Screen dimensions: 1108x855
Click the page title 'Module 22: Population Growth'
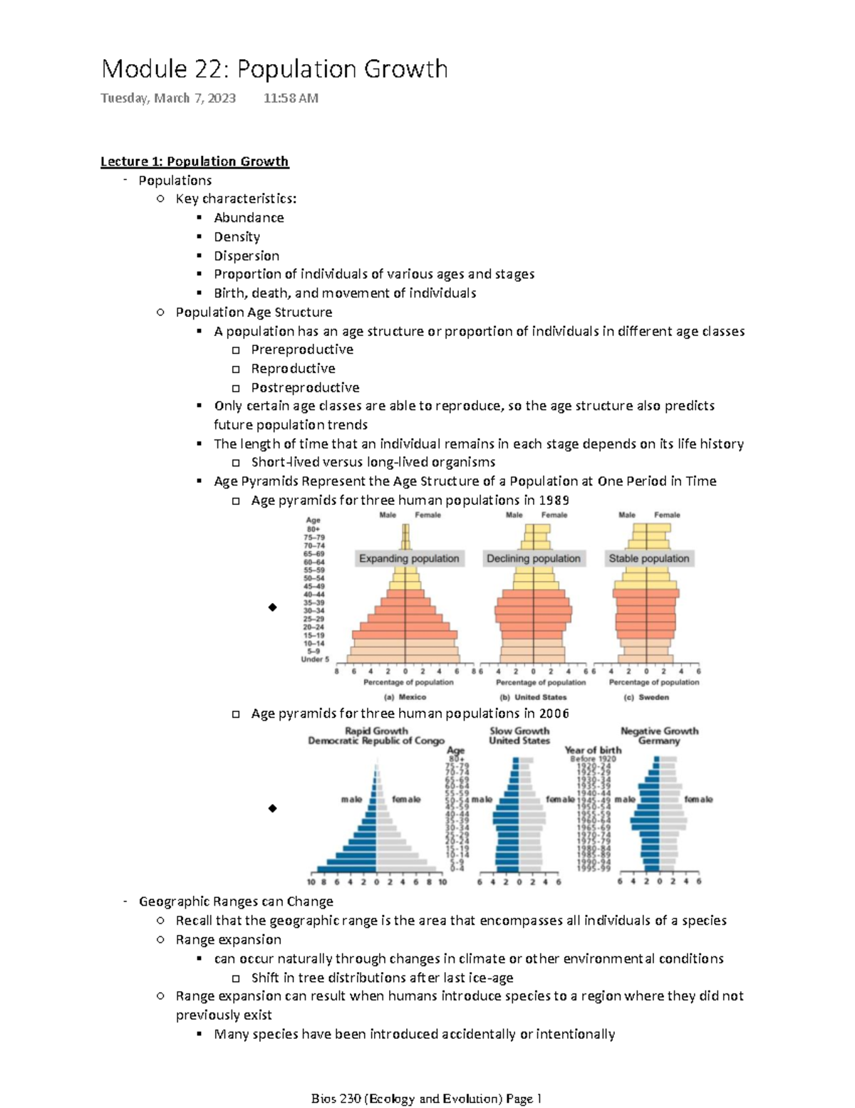coord(274,69)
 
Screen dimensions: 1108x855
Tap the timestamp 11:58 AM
coord(291,98)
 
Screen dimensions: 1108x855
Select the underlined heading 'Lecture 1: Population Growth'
coord(195,162)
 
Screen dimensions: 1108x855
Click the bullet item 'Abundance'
coord(249,218)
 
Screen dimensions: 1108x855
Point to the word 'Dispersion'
coord(247,256)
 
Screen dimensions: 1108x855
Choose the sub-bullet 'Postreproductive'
coord(305,387)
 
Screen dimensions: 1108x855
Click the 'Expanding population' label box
coord(409,559)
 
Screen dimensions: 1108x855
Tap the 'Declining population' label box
coord(533,559)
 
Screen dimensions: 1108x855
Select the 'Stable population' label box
coord(648,559)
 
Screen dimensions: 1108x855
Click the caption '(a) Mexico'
coord(405,697)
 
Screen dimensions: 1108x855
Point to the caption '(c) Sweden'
coord(646,697)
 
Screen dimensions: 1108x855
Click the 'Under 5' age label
coord(315,659)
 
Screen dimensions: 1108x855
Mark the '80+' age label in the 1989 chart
coord(313,529)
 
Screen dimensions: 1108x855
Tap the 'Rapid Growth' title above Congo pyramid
coord(376,731)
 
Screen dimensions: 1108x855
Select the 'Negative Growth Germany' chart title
coord(659,736)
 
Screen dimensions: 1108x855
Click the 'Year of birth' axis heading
coord(593,750)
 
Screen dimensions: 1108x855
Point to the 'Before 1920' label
coord(593,759)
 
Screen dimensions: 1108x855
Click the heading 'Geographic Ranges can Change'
coord(236,901)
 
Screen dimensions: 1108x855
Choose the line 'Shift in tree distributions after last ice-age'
coord(382,978)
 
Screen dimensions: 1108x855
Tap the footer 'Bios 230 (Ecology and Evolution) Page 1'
coord(427,1098)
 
